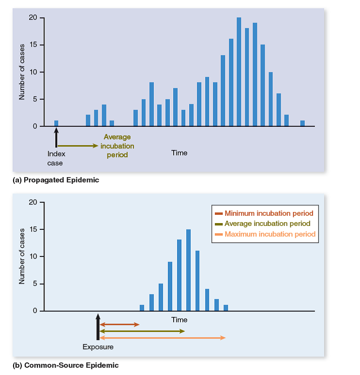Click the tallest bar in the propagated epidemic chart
239,72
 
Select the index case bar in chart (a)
56,123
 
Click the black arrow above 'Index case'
56,138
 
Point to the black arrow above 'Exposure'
98,327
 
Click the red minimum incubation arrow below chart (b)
119,324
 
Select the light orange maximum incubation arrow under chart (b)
163,338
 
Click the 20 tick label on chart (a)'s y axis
32,18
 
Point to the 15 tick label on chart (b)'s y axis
32,229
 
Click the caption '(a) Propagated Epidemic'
56,180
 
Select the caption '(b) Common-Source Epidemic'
65,365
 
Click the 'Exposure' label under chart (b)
98,347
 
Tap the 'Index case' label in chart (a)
56,158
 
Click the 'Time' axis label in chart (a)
179,153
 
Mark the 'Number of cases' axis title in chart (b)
22,256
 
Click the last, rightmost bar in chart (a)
302,123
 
